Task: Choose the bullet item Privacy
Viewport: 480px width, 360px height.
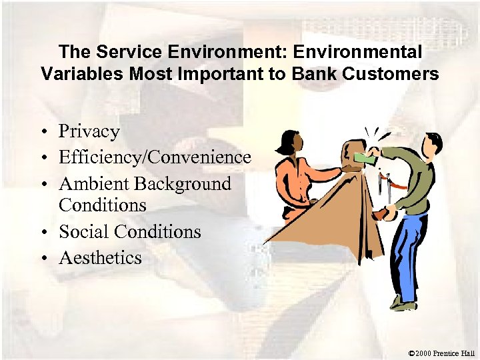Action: coord(89,131)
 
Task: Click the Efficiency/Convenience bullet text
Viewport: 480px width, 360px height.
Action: coord(155,157)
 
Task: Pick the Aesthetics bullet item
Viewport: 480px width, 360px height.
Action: coord(100,257)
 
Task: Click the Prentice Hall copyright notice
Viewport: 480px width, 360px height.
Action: coord(441,352)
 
